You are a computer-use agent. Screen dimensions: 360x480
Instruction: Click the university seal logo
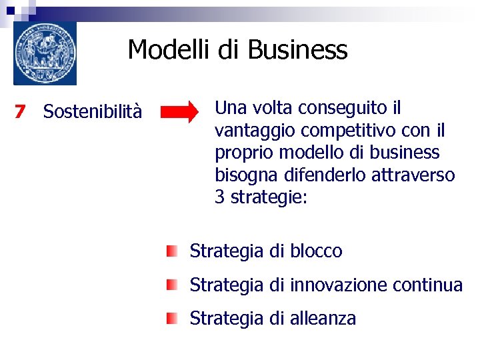[45, 53]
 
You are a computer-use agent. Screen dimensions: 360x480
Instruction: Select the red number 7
[20, 112]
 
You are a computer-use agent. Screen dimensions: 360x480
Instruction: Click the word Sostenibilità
[92, 112]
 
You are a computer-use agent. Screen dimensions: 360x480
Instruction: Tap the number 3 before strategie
[220, 198]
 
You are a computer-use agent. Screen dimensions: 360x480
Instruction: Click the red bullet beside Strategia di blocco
[173, 251]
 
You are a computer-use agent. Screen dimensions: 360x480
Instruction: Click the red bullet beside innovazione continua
[173, 285]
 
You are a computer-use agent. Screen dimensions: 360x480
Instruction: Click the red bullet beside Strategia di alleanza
[173, 319]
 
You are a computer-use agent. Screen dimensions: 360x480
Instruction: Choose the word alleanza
[323, 319]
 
